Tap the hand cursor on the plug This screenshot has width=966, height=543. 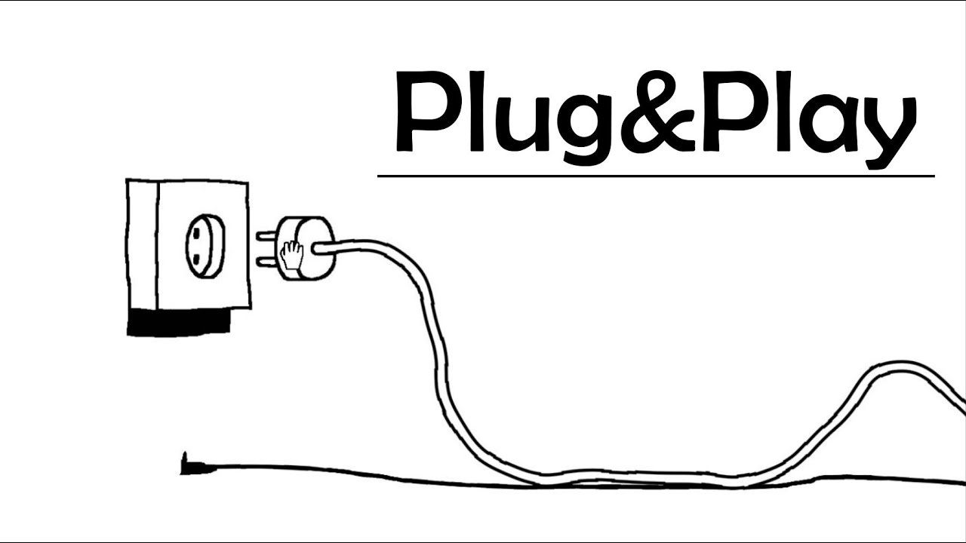290,253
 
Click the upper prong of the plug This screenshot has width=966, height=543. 266,235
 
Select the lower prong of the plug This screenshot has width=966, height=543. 266,261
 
